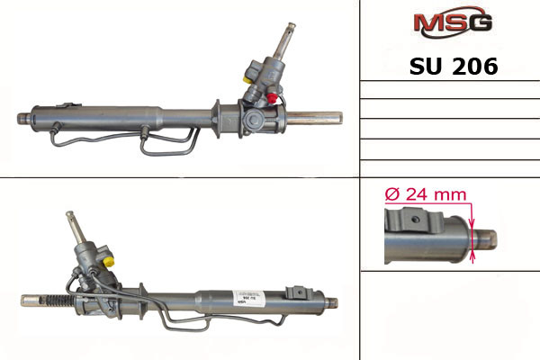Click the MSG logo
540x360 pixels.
point(453,22)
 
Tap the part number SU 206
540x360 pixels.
point(454,66)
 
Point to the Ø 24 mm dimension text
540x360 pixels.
point(426,194)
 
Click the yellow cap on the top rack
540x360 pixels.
point(247,79)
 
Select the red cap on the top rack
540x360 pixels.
point(272,98)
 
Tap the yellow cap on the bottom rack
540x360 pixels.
point(109,261)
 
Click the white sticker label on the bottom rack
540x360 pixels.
point(248,297)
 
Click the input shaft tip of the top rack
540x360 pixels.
point(292,25)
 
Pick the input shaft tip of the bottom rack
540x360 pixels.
point(70,214)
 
